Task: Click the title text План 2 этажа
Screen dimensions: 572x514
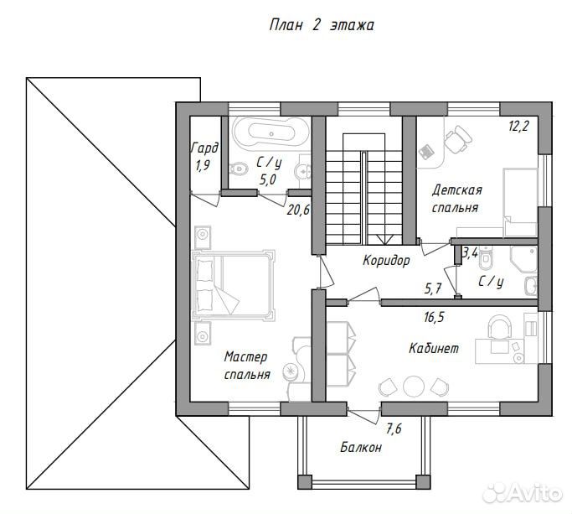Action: coord(322,25)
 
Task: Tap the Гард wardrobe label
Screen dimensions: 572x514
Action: coord(204,148)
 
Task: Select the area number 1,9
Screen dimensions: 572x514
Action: coord(203,166)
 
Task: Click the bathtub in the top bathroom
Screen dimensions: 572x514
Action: coord(271,133)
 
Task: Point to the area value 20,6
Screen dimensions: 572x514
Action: coord(298,210)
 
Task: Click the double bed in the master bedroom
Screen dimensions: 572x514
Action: coord(234,283)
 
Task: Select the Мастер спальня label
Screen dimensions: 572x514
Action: coord(246,366)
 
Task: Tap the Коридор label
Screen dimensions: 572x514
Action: coord(386,261)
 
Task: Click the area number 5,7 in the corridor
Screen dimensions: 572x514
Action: coord(433,289)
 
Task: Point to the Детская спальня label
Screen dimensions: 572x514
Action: coord(456,199)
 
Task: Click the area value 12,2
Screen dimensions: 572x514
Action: coord(518,126)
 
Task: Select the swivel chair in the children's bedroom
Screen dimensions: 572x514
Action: coord(457,139)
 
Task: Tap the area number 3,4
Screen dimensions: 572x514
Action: coord(470,252)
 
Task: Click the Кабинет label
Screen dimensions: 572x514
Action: coord(434,348)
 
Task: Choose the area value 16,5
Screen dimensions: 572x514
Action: coord(434,317)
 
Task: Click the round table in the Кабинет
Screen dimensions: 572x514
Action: coord(414,386)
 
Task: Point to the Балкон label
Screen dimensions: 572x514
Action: coord(361,447)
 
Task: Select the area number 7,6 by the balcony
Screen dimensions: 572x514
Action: coord(394,428)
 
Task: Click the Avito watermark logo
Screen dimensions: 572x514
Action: coord(523,494)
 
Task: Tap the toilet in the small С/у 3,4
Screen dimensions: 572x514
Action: coord(486,258)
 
